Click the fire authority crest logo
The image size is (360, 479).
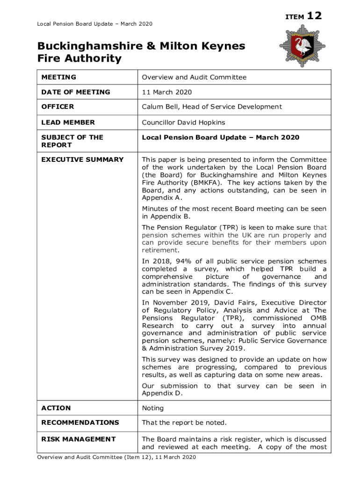[301, 46]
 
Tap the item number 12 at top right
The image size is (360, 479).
[314, 16]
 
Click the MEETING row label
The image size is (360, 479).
[59, 77]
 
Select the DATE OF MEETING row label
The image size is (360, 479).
[76, 92]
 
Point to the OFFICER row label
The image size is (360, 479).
[58, 107]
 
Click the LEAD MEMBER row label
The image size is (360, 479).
[68, 122]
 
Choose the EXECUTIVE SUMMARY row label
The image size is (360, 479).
[82, 160]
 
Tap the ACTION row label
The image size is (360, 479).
[56, 408]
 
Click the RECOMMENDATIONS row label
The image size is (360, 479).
[80, 422]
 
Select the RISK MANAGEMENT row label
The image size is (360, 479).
[79, 439]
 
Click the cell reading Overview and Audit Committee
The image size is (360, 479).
[194, 77]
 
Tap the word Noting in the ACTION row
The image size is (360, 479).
[153, 408]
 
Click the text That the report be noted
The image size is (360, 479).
[184, 422]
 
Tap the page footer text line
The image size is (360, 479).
[116, 457]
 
